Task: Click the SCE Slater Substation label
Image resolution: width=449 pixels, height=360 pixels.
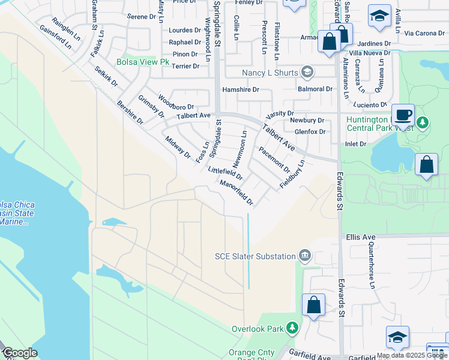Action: (x=255, y=256)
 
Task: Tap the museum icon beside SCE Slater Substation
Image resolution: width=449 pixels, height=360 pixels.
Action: (x=304, y=256)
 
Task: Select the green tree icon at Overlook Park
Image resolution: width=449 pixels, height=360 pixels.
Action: (x=292, y=328)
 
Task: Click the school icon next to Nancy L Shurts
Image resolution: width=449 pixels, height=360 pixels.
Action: (x=307, y=73)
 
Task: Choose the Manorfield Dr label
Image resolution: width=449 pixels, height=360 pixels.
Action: (x=237, y=193)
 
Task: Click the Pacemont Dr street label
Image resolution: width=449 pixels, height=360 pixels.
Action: (x=274, y=160)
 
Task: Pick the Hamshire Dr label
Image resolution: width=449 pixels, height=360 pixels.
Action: (x=241, y=89)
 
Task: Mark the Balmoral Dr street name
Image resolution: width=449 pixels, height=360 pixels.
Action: (x=315, y=89)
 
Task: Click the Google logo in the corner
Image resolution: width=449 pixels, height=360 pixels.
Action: (x=20, y=353)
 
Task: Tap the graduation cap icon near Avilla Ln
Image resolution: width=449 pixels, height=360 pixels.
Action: (x=379, y=17)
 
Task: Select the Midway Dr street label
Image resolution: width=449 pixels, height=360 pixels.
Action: (x=178, y=148)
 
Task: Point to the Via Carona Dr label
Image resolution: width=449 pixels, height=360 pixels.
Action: (x=424, y=33)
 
